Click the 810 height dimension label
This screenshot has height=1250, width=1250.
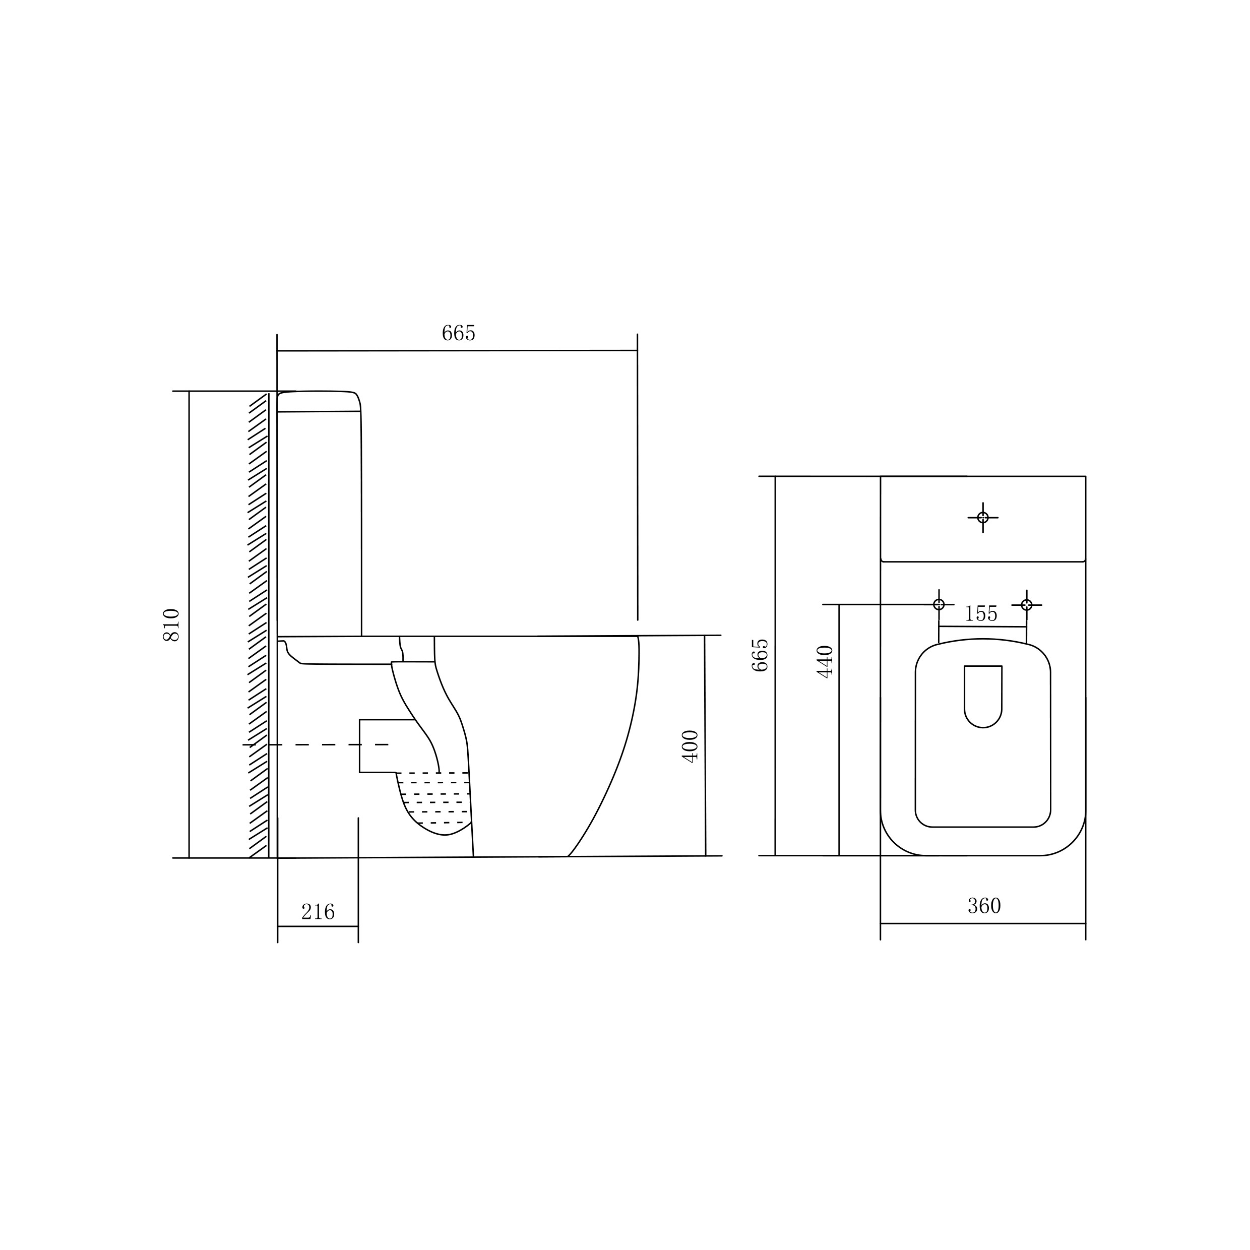coord(171,625)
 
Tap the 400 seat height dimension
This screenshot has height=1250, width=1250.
coord(691,746)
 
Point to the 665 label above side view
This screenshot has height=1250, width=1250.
coord(459,333)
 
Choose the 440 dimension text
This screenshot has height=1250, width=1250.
coord(825,661)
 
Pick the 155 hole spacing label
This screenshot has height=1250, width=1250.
coord(981,613)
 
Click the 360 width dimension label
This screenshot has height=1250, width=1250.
coord(984,906)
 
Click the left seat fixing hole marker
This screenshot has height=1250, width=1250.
coord(939,605)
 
